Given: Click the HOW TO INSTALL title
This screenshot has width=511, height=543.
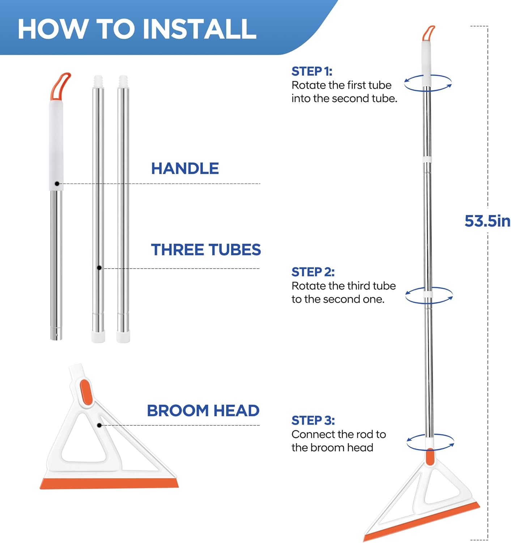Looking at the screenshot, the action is point(137,29).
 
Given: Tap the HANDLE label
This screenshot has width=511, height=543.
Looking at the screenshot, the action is point(185,168).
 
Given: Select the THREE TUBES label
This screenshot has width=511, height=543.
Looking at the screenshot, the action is point(206,249).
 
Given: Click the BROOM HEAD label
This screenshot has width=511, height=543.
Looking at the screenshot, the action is point(203,411).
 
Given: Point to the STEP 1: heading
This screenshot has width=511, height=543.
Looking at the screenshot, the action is point(312,71).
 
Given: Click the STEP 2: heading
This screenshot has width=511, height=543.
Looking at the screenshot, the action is point(313,272).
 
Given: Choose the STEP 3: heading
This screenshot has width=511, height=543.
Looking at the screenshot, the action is point(313,420).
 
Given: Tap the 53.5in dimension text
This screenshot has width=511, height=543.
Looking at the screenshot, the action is point(487,221).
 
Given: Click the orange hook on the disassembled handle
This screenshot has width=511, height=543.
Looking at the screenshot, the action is point(60,87).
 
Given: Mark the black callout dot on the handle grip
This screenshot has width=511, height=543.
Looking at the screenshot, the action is point(57,184).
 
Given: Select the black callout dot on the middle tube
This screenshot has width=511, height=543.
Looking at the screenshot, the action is point(99,268).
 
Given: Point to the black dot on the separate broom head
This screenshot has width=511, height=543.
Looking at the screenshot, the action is point(99,425).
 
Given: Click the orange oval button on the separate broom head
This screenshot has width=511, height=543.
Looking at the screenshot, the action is point(85,392).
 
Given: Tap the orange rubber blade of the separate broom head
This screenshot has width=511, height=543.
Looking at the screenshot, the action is point(109,483).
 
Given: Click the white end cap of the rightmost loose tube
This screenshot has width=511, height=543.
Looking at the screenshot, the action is point(123,337).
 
